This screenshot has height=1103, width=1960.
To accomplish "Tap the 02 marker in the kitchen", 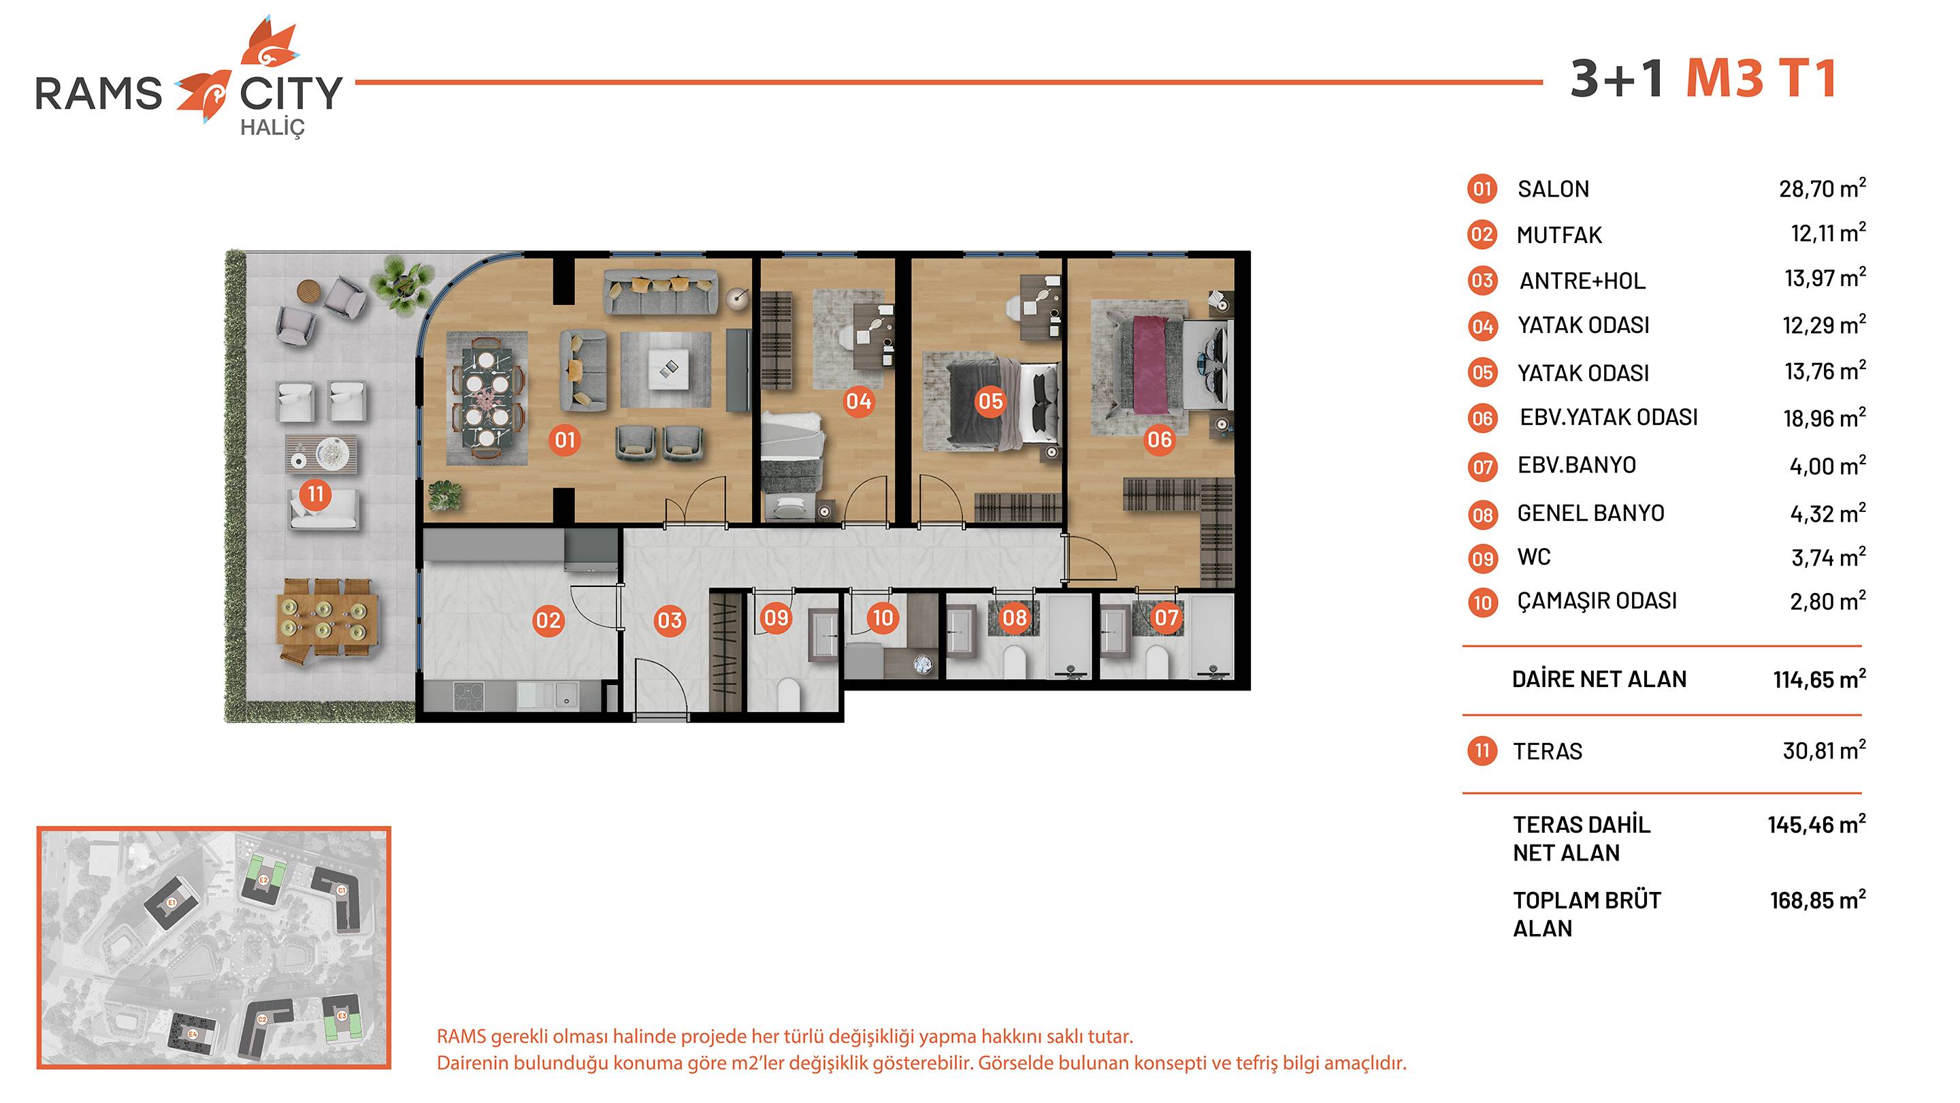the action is [548, 620].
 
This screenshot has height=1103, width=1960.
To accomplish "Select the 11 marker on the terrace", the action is [315, 494].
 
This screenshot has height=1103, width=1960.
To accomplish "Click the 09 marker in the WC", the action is [775, 618].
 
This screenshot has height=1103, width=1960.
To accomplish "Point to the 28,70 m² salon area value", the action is [1823, 188].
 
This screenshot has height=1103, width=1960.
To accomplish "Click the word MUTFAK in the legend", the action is [1559, 235].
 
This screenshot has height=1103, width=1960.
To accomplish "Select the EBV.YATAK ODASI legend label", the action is [1608, 417].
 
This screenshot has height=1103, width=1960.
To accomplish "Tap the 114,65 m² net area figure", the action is [1819, 678].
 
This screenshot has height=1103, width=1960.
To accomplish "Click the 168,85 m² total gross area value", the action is [1818, 899].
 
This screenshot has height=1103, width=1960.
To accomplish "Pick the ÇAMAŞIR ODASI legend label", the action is [1597, 601].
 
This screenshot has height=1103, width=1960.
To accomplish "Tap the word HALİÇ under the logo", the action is [272, 128].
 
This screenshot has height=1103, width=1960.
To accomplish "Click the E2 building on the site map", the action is [263, 879].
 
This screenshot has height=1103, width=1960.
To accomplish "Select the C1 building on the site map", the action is [342, 897].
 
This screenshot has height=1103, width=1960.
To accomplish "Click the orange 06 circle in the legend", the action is [1482, 418].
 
